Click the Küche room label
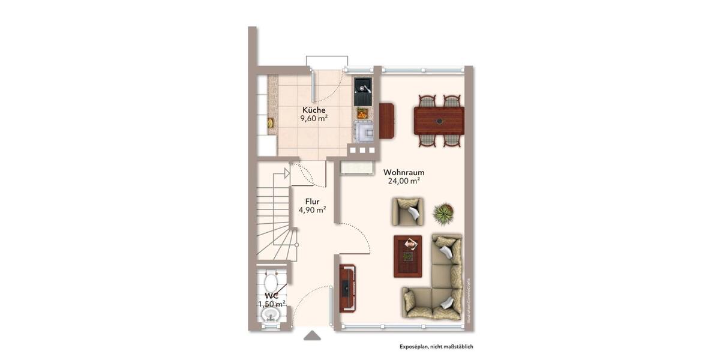314,110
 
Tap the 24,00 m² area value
403,181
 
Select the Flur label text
312,201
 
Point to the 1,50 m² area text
271,304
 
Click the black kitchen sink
362,91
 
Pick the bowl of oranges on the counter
362,113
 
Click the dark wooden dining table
439,121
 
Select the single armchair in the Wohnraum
408,211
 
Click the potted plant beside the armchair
443,212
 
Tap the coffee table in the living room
407,256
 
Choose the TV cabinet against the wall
347,289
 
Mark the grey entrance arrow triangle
312,335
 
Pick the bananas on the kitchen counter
270,123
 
